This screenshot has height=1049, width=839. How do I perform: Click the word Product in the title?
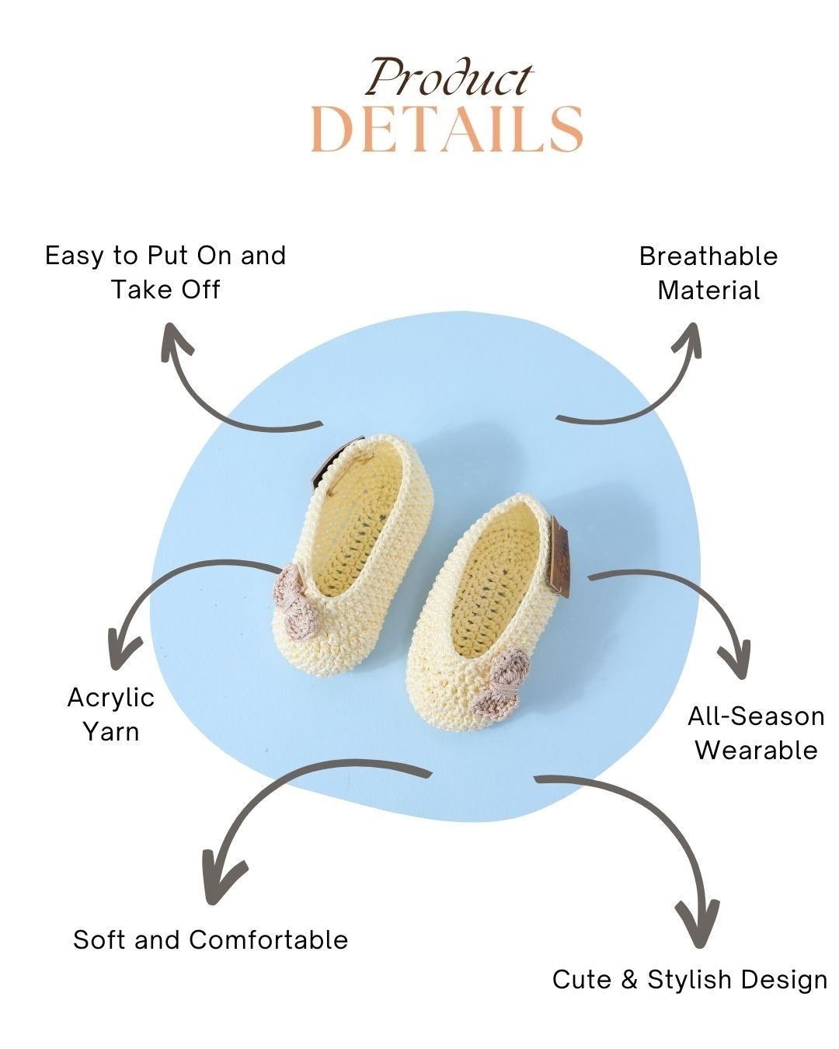(449, 78)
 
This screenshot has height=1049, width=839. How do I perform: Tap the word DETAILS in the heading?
(447, 129)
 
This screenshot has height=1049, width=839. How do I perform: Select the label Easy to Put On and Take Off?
(165, 272)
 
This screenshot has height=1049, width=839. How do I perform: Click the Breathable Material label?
(708, 273)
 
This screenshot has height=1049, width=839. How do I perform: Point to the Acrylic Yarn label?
(111, 714)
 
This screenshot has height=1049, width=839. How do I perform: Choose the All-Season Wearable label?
(755, 733)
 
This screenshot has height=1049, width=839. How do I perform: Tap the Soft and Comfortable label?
(211, 939)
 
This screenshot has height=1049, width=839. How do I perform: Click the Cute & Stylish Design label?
(690, 979)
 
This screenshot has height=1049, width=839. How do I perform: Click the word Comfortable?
(269, 939)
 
